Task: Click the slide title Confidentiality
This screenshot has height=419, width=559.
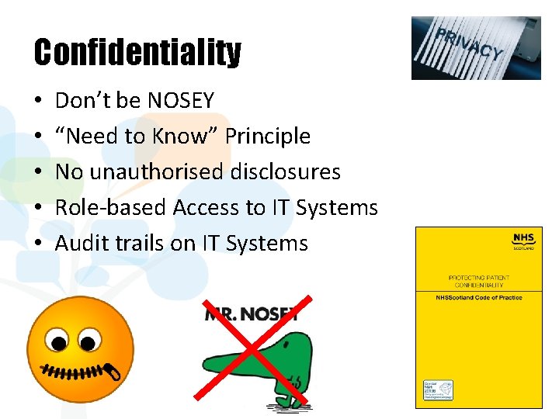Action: (137, 53)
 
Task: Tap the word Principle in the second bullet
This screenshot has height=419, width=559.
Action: (267, 137)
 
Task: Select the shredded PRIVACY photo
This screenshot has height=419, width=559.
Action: (476, 48)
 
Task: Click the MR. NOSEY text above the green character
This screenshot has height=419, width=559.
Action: (251, 313)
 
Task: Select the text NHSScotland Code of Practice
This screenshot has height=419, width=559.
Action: (478, 298)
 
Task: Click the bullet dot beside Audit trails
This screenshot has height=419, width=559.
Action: (38, 244)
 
